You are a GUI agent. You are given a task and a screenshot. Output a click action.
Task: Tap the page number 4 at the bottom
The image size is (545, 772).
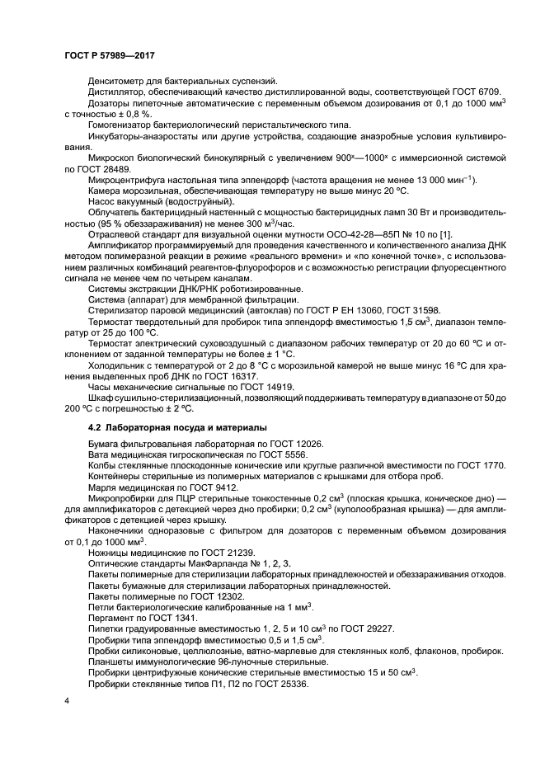tap(68, 699)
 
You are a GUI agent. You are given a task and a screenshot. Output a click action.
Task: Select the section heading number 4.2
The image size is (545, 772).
tap(95, 427)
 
